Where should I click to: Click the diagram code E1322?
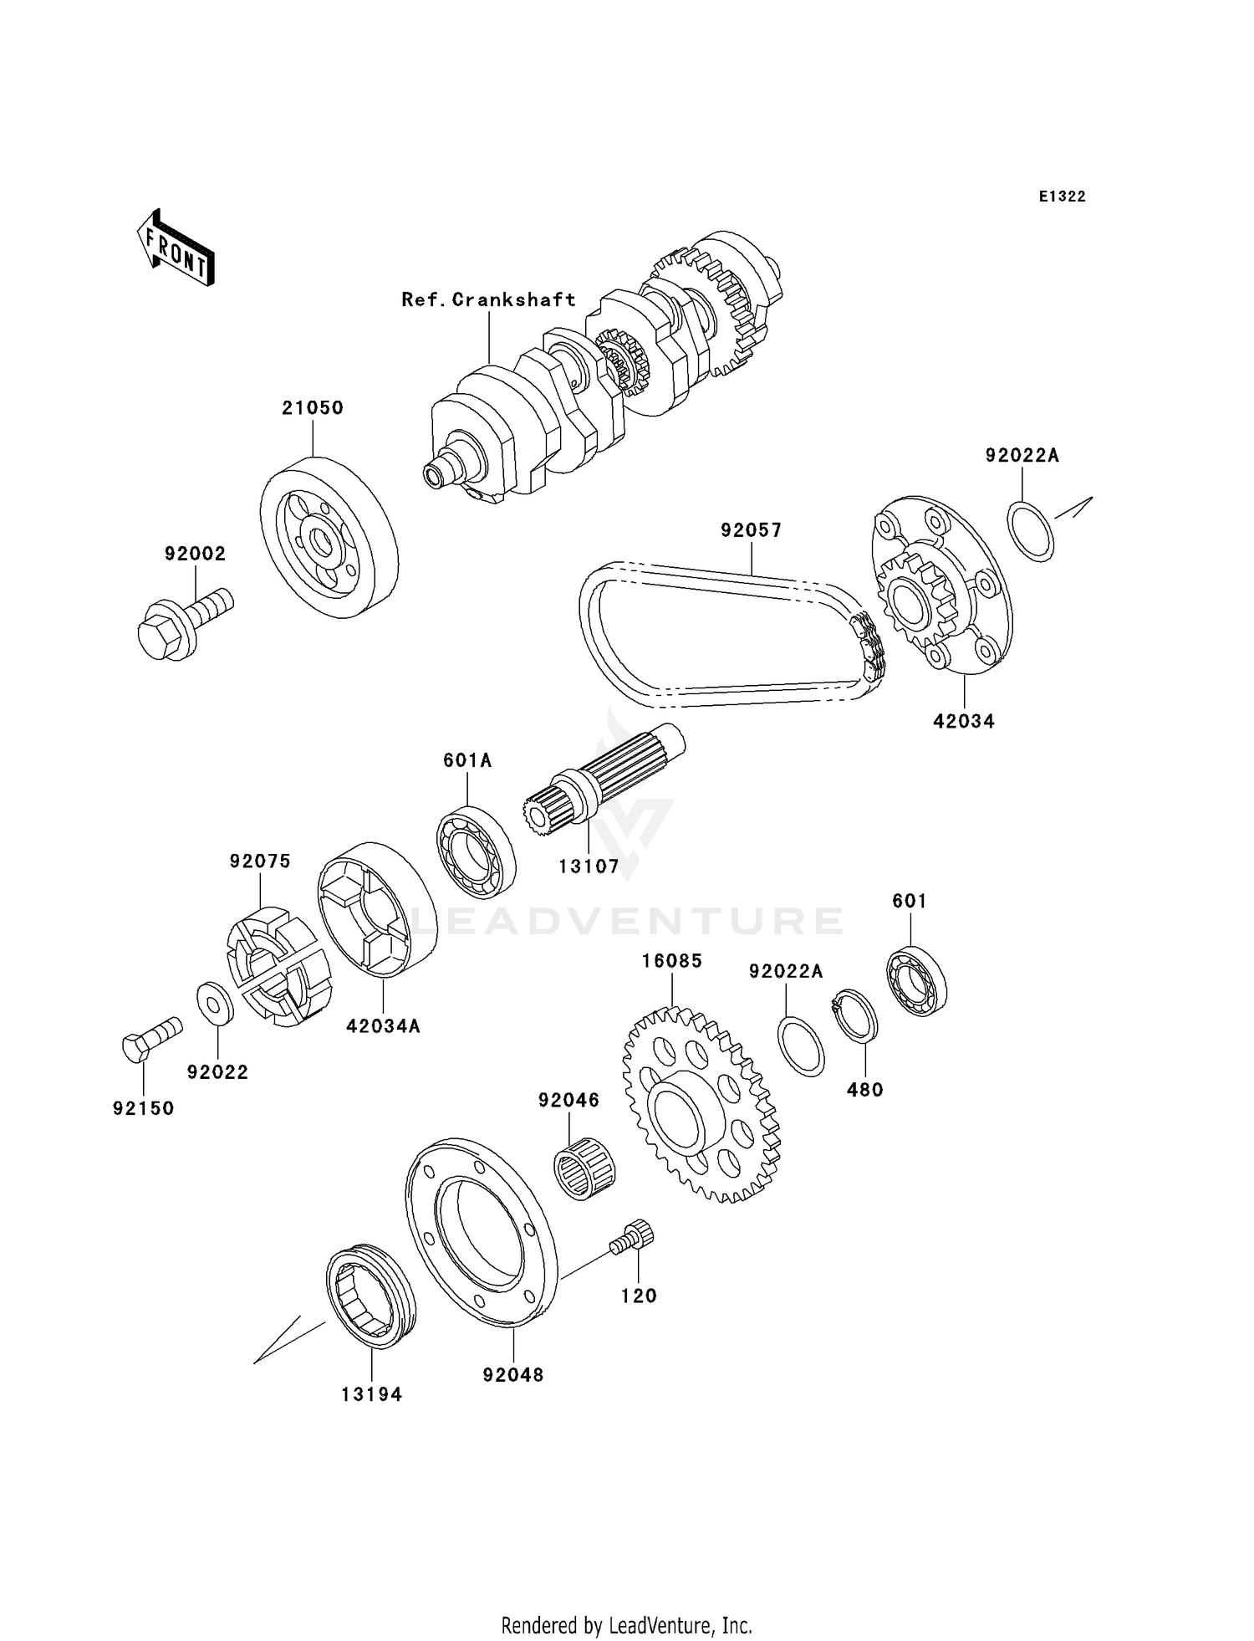pyautogui.click(x=1062, y=197)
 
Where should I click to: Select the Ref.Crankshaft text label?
pyautogui.click(x=488, y=299)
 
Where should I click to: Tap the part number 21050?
pyautogui.click(x=312, y=408)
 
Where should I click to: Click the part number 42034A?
pyautogui.click(x=383, y=1025)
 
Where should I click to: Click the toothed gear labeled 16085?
pyautogui.click(x=701, y=1104)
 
